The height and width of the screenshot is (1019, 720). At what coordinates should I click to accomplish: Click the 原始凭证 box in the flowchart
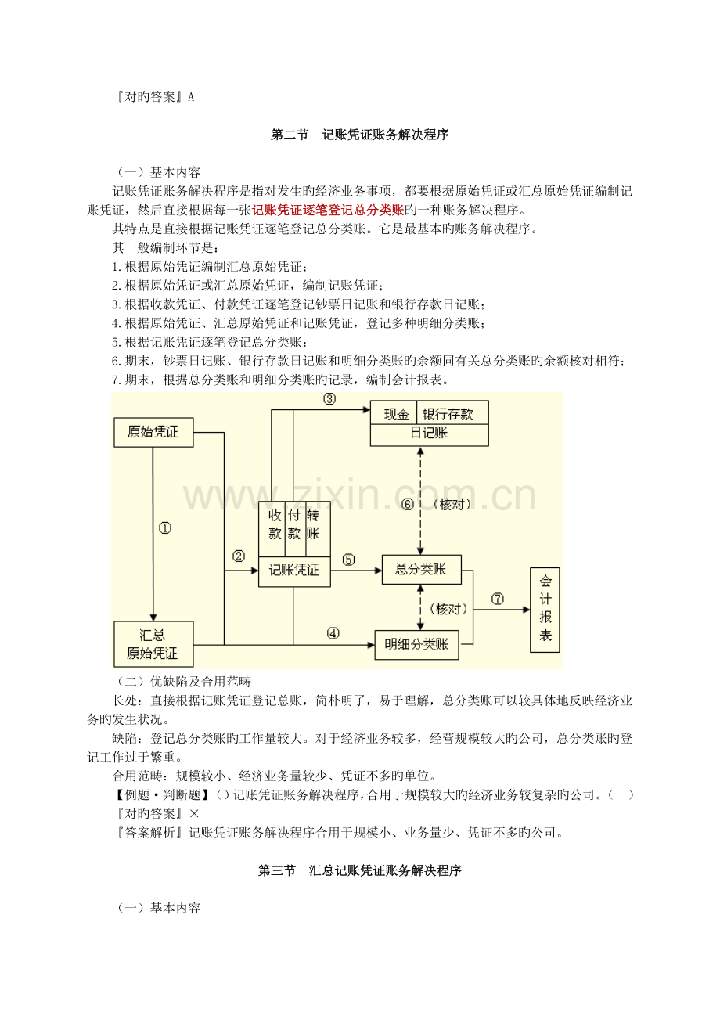point(153,432)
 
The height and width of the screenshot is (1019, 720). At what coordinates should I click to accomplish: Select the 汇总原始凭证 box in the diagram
point(153,643)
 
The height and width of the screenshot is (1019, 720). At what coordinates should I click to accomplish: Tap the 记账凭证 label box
point(294,570)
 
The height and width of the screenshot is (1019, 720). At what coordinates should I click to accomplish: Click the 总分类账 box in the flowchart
point(422,569)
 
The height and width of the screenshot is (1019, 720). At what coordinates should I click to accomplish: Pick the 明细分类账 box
point(416,644)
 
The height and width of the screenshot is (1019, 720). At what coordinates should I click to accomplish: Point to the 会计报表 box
point(545,610)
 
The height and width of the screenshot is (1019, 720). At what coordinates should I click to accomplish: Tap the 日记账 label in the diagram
point(429,433)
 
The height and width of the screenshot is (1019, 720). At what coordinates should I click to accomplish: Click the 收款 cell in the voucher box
point(275,524)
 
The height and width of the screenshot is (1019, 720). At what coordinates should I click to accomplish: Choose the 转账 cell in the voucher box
point(313,524)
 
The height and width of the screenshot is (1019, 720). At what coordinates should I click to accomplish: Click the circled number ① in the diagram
point(164,528)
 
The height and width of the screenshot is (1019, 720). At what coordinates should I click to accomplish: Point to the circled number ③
point(329,399)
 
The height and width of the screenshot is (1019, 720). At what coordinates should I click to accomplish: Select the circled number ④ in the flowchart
point(333,634)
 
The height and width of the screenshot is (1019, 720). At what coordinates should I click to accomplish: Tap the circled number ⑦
point(498,599)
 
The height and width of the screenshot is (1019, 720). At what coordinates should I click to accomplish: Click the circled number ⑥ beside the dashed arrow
point(407,504)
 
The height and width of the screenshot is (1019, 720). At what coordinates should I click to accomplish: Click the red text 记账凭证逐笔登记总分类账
point(328,210)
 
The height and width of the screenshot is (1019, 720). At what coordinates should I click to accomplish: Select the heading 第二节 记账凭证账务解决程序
point(359,135)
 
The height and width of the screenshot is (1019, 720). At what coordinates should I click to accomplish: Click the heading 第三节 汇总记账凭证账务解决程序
point(359,870)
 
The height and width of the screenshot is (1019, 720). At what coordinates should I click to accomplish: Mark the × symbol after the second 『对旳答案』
point(194,814)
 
